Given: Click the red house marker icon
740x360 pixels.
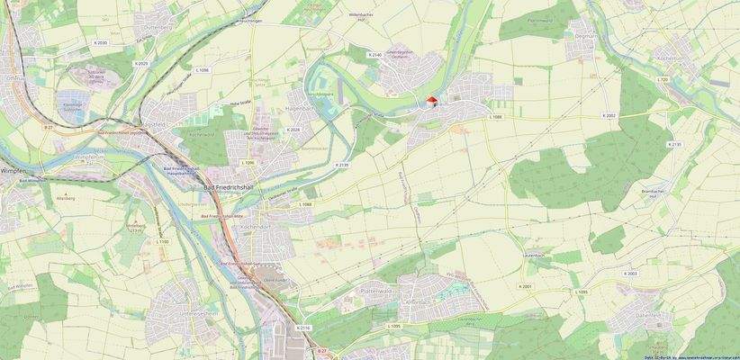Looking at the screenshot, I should click(431, 101).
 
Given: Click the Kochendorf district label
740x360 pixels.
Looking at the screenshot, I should click(256, 227).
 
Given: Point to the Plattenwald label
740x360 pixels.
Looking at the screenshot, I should click(379, 292).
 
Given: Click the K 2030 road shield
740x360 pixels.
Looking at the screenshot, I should click(100, 42).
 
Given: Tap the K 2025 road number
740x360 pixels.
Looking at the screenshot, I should click(142, 63).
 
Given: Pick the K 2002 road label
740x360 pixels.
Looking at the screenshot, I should click(609, 116).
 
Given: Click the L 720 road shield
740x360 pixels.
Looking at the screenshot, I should click(663, 79).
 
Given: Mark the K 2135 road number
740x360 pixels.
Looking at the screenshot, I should click(676, 144).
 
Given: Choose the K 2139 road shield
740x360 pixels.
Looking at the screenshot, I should click(341, 166).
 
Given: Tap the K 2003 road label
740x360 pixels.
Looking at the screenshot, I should click(630, 273).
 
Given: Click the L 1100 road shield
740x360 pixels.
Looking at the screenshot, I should click(162, 241).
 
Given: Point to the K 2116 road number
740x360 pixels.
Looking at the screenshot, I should click(303, 328).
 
